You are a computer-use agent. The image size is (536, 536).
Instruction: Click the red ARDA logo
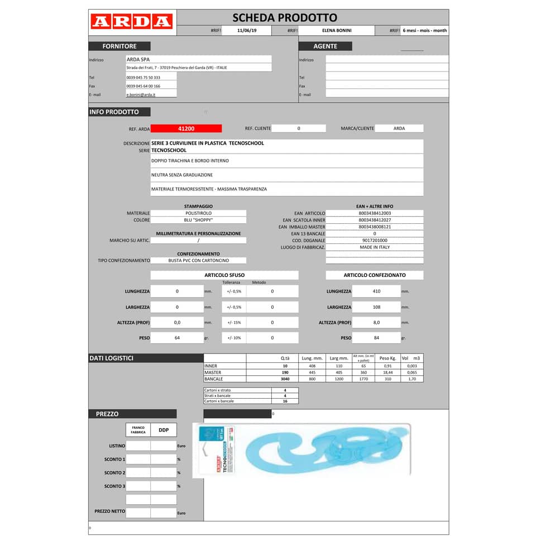[131, 22]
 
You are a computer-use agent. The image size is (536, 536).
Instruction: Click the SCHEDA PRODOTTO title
[285, 18]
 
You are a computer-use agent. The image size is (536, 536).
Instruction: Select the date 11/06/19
[246, 31]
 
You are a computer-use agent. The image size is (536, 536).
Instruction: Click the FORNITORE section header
[119, 46]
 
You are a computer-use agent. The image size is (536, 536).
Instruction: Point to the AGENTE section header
[325, 46]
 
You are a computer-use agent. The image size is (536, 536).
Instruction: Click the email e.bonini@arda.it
[141, 95]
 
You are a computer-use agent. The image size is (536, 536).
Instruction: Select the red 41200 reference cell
[186, 128]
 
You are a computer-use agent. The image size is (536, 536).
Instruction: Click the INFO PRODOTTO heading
[114, 112]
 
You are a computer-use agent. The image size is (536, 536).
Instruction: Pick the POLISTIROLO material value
[198, 213]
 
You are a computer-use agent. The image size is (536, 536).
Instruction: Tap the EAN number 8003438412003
[375, 213]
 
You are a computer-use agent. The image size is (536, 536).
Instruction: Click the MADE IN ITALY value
[375, 247]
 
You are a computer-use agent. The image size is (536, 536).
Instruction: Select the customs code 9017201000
[375, 240]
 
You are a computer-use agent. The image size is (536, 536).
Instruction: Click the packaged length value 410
[376, 291]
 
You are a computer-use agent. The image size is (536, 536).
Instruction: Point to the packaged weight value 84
[376, 338]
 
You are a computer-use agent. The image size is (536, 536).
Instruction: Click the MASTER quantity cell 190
[285, 372]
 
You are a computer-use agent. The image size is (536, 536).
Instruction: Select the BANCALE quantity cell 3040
[285, 379]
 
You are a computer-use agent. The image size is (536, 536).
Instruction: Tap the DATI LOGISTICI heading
[112, 358]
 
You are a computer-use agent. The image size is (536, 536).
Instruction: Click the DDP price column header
[164, 430]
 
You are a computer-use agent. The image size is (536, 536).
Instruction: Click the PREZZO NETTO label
[110, 511]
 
